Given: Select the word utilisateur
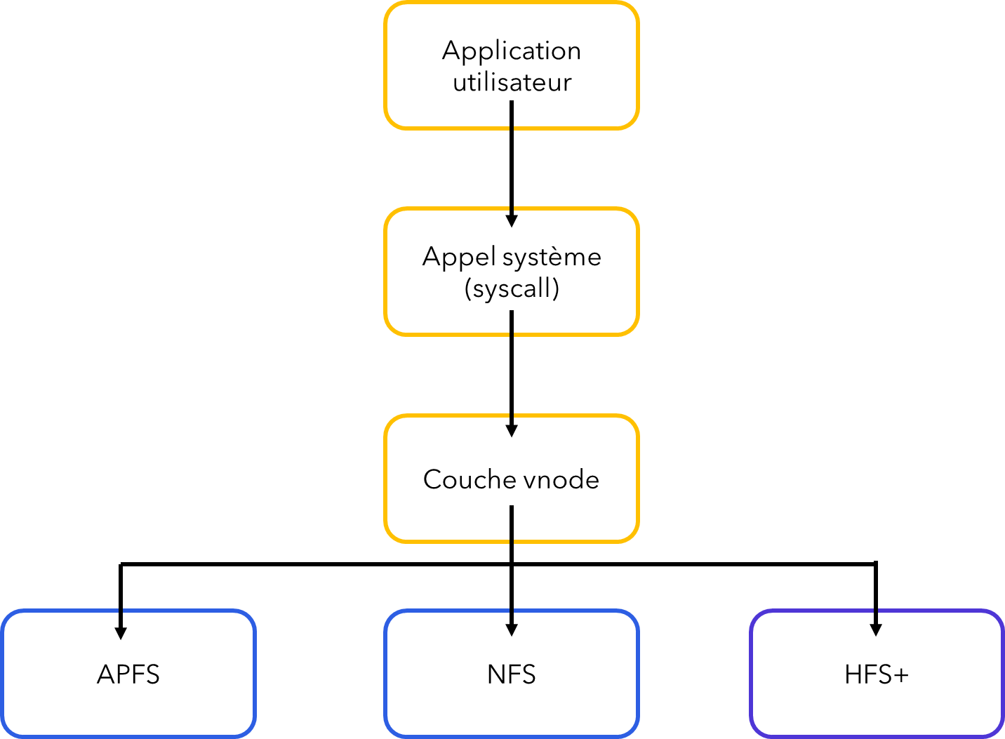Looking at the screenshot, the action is tap(512, 82).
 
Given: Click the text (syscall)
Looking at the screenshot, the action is tap(512, 288).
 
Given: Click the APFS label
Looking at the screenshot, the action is tap(128, 674).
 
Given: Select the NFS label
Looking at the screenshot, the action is tap(512, 674).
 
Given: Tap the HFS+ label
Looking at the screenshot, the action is tap(876, 674).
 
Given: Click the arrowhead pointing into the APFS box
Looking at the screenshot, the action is tap(121, 634).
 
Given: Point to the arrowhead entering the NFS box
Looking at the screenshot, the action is tap(512, 630).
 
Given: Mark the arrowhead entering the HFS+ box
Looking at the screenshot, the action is tap(876, 630).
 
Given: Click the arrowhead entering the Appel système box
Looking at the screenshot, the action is tap(512, 221).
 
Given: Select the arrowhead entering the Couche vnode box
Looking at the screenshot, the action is tap(512, 431).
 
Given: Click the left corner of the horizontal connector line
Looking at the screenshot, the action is tap(121, 564).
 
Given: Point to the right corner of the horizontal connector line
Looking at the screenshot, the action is tap(876, 564).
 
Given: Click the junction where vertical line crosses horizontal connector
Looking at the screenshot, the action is tap(512, 564).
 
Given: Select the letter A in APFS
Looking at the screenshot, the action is tap(106, 674).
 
